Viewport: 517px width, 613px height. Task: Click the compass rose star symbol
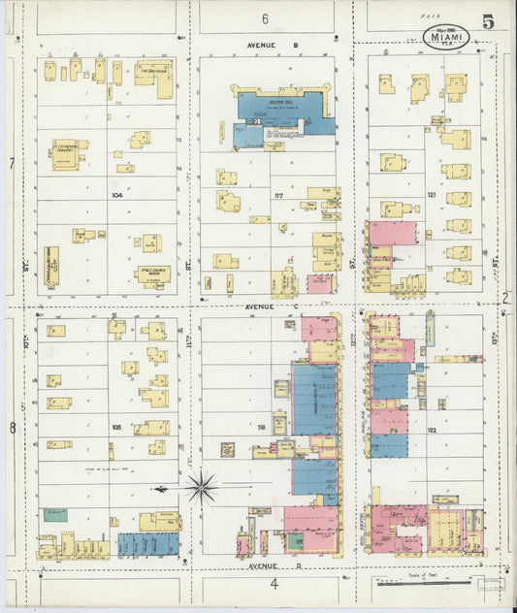pyautogui.click(x=201, y=487)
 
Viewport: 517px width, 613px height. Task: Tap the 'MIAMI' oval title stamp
pyautogui.click(x=446, y=38)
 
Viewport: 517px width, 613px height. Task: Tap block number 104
pyautogui.click(x=117, y=194)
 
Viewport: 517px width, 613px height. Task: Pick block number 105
pyautogui.click(x=115, y=427)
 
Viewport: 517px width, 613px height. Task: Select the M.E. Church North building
pyautogui.click(x=152, y=273)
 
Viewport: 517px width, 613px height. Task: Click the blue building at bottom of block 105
pyautogui.click(x=148, y=544)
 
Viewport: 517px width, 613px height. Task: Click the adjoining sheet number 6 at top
pyautogui.click(x=264, y=18)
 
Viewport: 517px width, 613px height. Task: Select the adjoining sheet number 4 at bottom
pyautogui.click(x=275, y=584)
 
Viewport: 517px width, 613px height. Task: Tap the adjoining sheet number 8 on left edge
pyautogui.click(x=12, y=427)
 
